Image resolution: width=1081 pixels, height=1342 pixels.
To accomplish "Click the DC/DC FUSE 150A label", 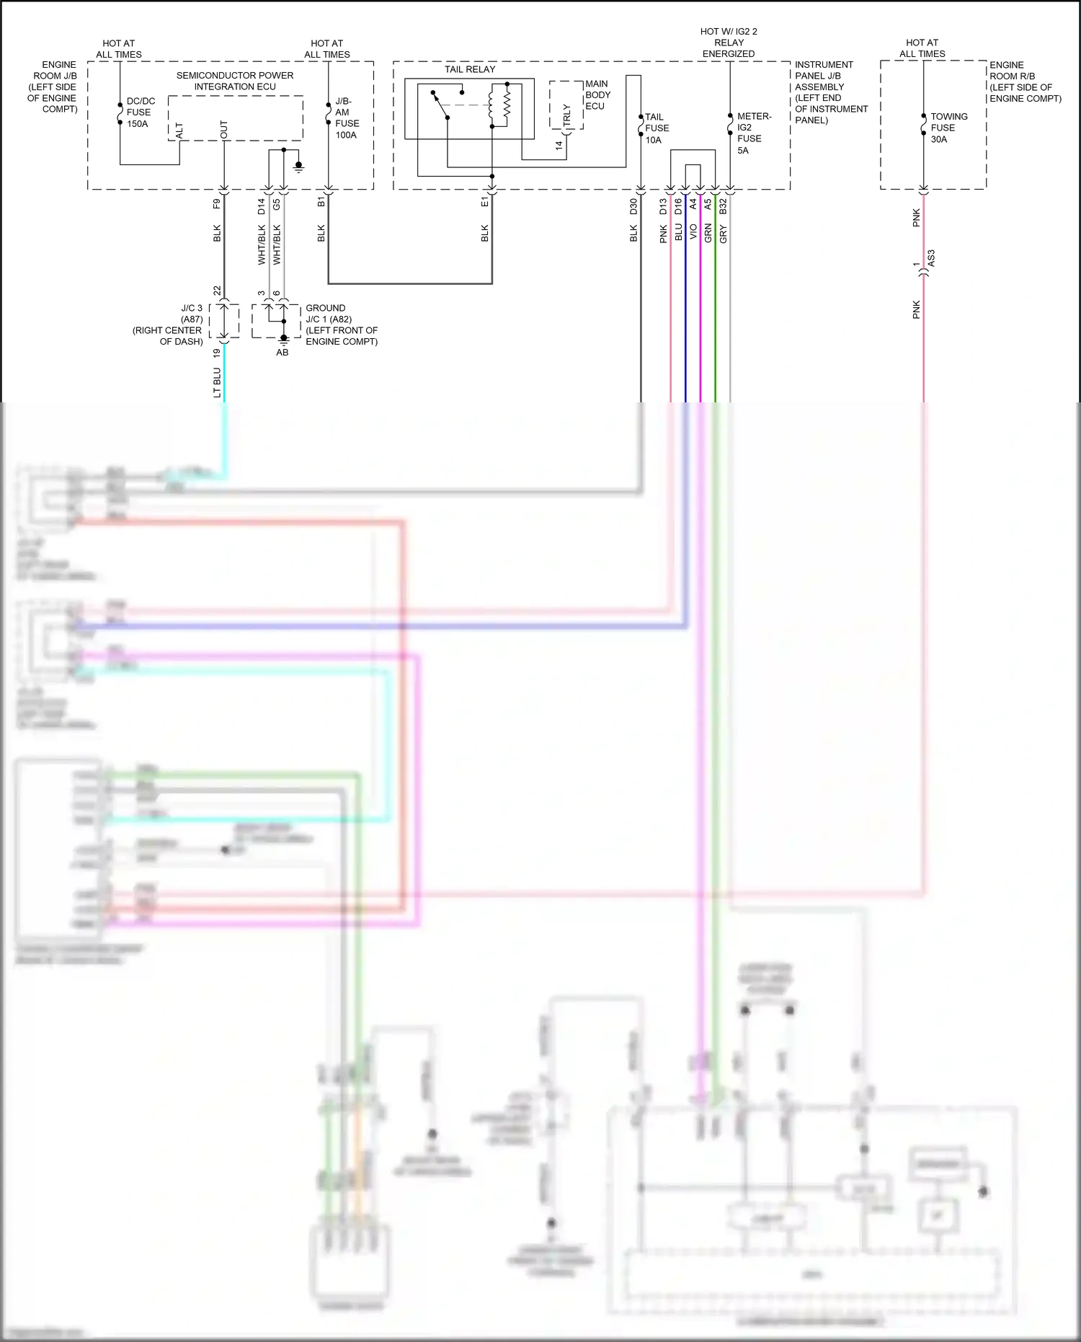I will (x=139, y=112).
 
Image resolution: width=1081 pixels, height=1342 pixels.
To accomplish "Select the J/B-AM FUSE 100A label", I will (x=346, y=118).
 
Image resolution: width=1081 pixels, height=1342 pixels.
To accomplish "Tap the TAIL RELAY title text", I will (x=470, y=69).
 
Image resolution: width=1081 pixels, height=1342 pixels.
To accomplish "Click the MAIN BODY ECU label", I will (x=597, y=95).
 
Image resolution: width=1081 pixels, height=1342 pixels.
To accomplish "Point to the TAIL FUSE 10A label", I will (x=656, y=128).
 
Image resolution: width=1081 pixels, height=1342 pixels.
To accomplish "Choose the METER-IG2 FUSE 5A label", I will (x=752, y=133).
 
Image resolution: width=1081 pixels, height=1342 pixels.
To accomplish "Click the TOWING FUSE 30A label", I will (x=948, y=128).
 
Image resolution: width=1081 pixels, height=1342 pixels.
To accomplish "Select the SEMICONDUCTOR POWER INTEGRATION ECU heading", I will (x=235, y=81).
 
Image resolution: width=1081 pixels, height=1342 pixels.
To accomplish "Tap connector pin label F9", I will (x=217, y=203).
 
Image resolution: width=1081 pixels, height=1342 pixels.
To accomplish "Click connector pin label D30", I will (x=634, y=206).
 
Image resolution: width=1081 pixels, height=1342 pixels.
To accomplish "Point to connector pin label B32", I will (x=723, y=206).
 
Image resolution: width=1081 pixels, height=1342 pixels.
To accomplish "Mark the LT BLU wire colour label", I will (x=217, y=383).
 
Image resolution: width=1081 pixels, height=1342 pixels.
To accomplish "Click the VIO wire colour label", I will (x=693, y=232).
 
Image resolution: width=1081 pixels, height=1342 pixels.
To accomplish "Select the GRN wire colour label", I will (x=708, y=232).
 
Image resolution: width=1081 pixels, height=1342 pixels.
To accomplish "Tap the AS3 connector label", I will (x=930, y=258).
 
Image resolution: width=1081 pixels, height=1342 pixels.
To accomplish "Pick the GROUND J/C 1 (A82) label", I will (x=340, y=325).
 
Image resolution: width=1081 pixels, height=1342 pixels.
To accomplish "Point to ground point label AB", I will (x=283, y=353).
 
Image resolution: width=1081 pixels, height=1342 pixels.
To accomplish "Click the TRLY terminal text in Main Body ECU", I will (x=566, y=116).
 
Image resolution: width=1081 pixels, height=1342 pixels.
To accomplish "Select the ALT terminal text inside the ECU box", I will (x=179, y=131).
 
